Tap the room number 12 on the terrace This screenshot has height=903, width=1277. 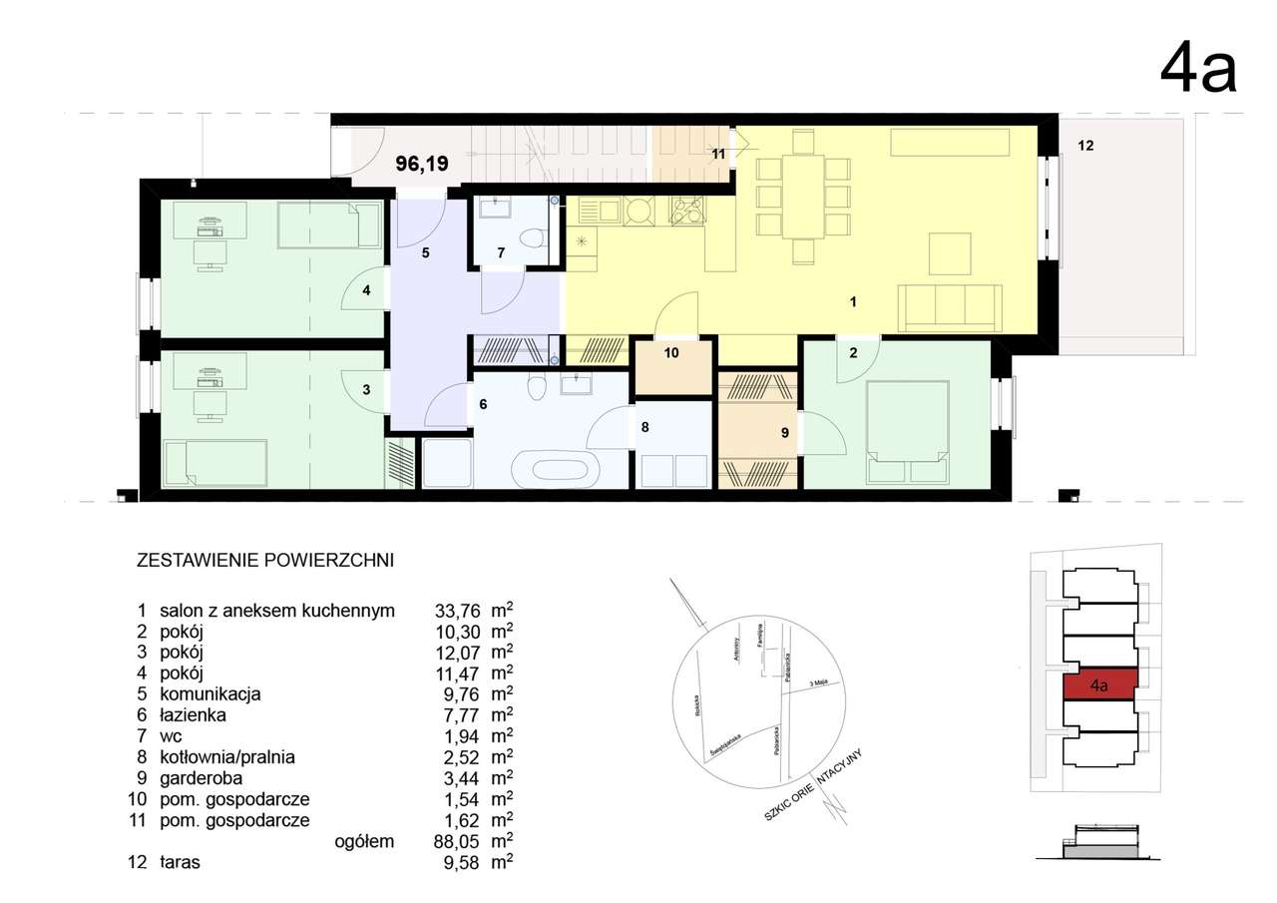point(1085,146)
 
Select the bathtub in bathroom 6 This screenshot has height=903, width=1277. point(557,467)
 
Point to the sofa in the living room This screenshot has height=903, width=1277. point(950,307)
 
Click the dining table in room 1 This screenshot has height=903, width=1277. point(803,196)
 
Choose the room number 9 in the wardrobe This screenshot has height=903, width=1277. point(784,433)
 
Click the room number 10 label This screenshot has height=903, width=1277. point(671,352)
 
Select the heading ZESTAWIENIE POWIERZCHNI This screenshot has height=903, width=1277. point(264,560)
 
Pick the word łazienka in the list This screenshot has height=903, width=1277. point(193,715)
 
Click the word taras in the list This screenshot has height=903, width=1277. point(180,863)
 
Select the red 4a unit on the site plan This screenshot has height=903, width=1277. point(1099,685)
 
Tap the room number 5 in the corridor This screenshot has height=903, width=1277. point(425,253)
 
